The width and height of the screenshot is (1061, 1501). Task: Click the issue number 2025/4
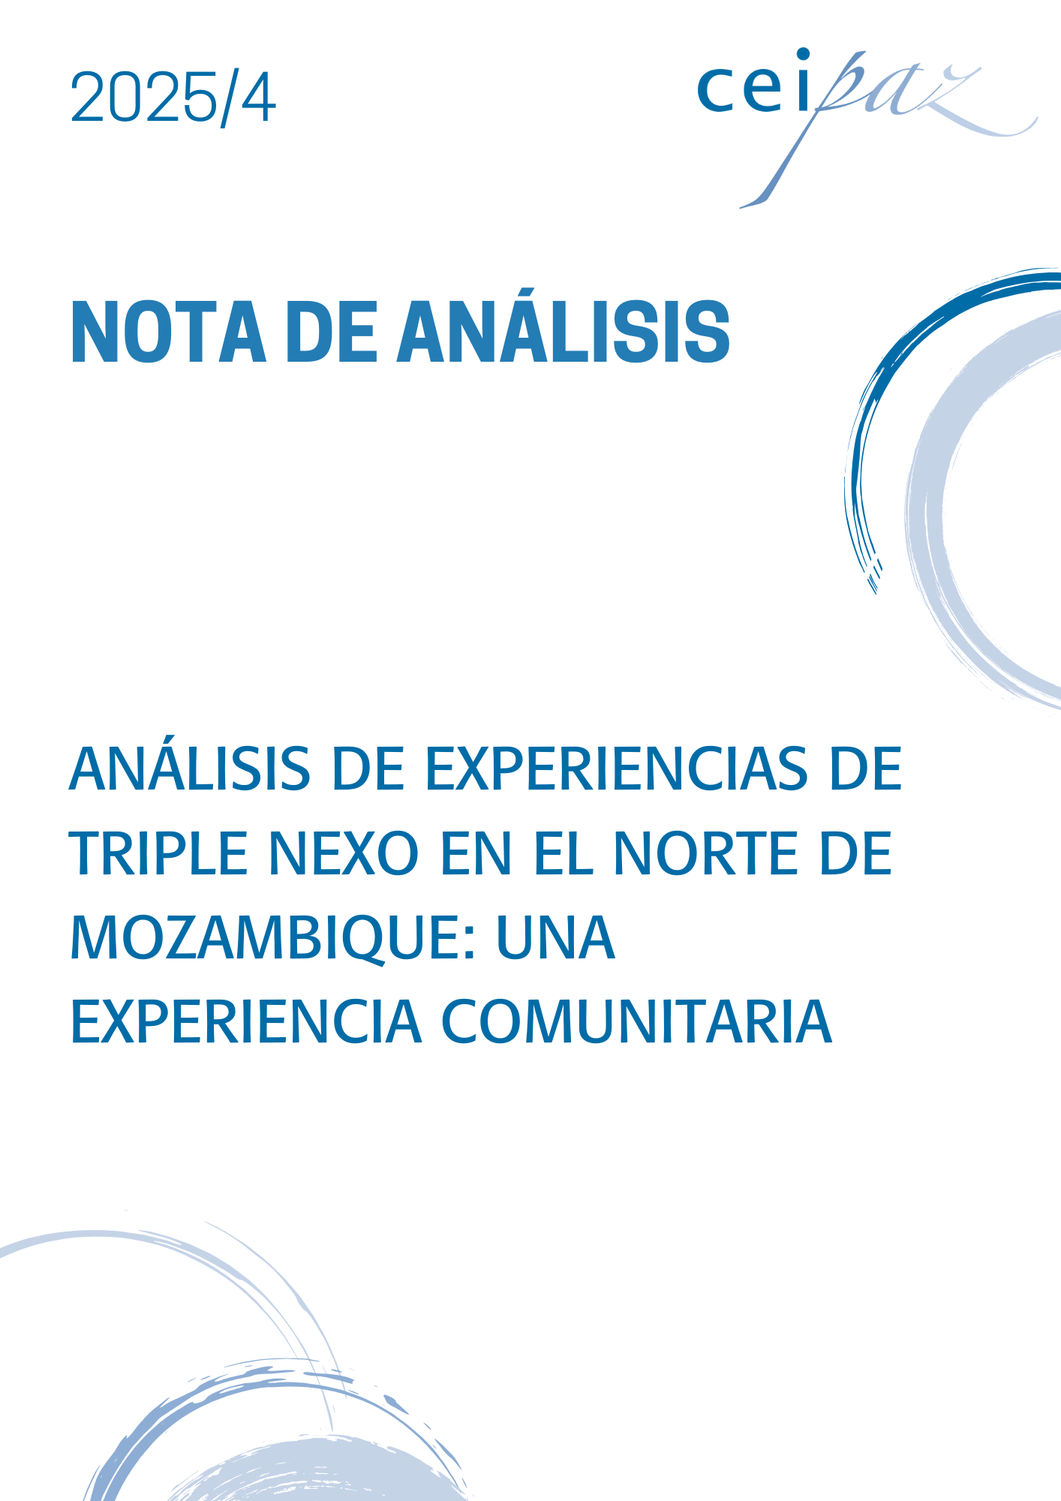(173, 98)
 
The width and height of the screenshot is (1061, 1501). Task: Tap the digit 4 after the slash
(257, 98)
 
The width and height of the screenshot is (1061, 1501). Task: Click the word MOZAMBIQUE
(264, 939)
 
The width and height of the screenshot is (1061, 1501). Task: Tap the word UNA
(555, 938)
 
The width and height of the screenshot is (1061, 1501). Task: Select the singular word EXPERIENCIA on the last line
(246, 1022)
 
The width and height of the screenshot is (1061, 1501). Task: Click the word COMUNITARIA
(636, 1022)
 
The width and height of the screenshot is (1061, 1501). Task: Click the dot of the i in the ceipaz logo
(803, 54)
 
